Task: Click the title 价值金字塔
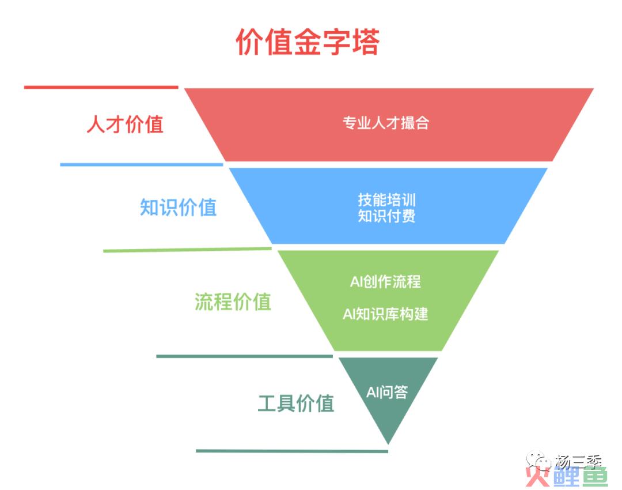point(308,42)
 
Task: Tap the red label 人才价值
point(125,124)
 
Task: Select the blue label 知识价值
point(178,207)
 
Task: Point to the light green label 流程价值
point(232,301)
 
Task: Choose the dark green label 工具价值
point(295,402)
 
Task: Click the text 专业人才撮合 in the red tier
point(386,123)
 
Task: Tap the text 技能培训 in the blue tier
point(386,200)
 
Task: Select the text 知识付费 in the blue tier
point(386,216)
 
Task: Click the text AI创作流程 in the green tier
point(385,281)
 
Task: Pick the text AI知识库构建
point(385,314)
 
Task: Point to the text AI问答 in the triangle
point(387,392)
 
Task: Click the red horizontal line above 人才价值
point(101,87)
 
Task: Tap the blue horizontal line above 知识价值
point(141,164)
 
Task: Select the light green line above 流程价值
point(187,250)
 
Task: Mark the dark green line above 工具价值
point(244,356)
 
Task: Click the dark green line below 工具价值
point(291,451)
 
